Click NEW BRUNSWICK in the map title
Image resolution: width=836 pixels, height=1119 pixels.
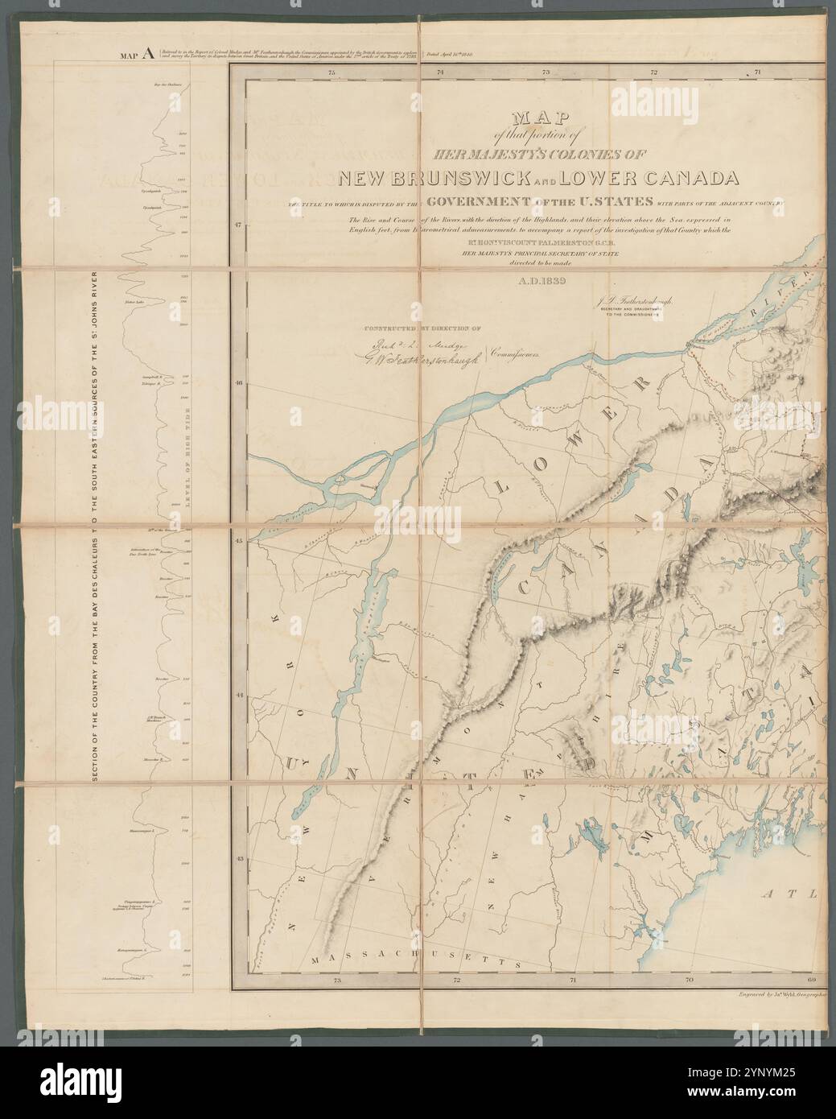click(x=430, y=177)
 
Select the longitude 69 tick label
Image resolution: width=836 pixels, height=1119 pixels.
click(x=810, y=981)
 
